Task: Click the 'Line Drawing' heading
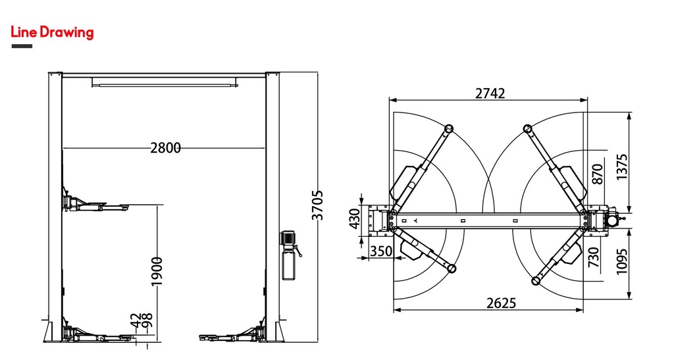(x=52, y=32)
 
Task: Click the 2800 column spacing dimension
(x=165, y=148)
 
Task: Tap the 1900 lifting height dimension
(x=157, y=272)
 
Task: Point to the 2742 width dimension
(x=490, y=93)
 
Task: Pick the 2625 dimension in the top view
(x=501, y=303)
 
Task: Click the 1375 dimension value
(x=621, y=167)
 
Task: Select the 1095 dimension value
(x=621, y=261)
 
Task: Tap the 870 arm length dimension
(x=598, y=174)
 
